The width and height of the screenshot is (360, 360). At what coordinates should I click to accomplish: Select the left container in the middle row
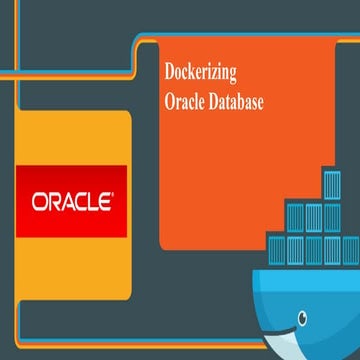click(296, 216)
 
